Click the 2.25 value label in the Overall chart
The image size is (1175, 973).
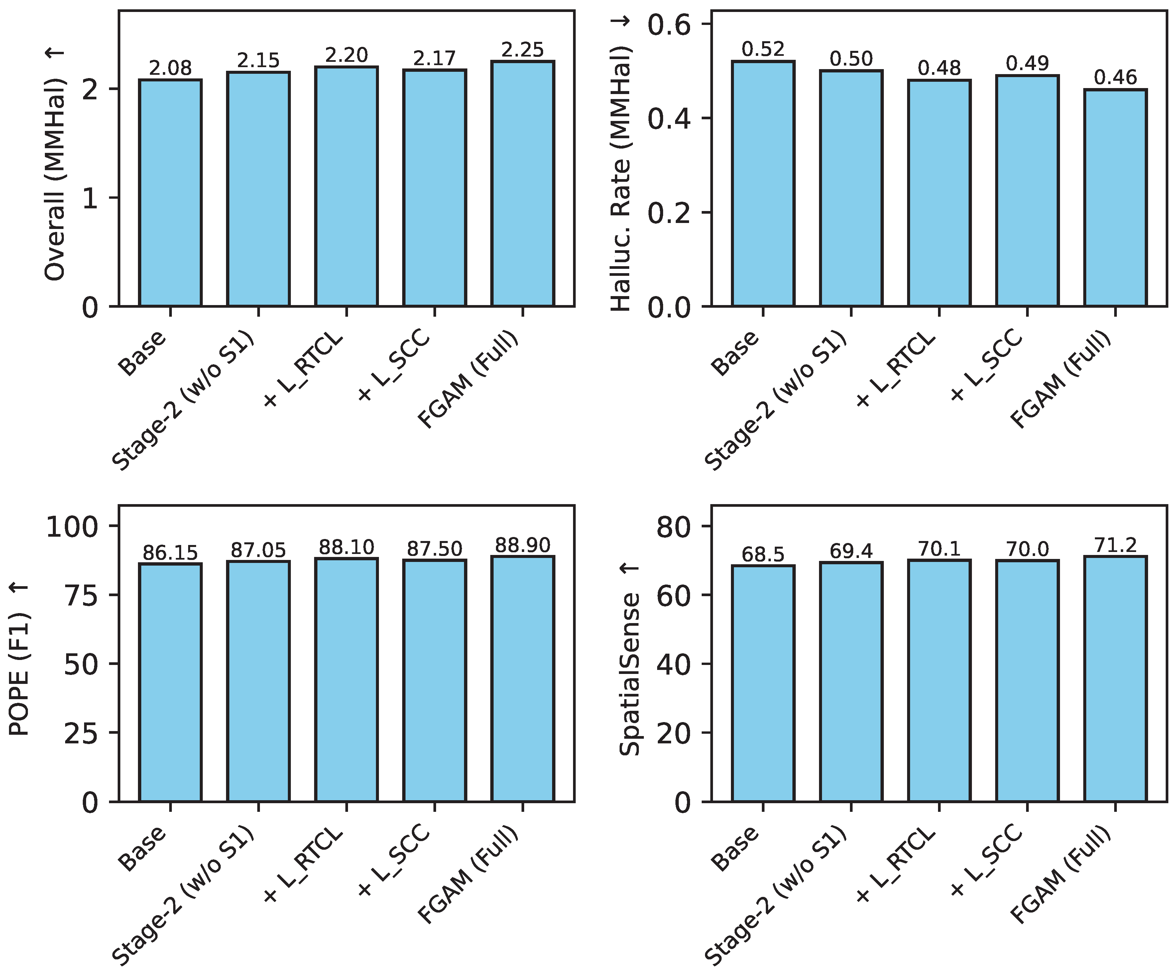pos(522,50)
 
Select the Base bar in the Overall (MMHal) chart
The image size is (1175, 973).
pos(170,193)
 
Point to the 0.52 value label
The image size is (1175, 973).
pos(763,49)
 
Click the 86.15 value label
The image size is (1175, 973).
pos(170,553)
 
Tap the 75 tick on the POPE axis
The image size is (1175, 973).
pos(81,595)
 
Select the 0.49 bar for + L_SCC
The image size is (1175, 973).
pos(1027,190)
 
